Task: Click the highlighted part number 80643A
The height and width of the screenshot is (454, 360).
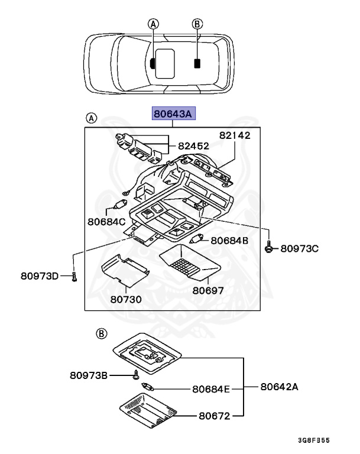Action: pos(173,113)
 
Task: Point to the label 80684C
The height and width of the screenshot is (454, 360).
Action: pos(106,222)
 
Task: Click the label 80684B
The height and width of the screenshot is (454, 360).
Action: pos(229,241)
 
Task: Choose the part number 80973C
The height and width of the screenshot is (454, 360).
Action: pos(299,249)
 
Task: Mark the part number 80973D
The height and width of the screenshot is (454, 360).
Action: pos(40,275)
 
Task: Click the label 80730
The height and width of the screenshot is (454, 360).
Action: pos(126,299)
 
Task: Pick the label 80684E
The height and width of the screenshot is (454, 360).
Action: pos(210,389)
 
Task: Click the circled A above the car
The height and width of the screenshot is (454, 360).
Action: pos(153,24)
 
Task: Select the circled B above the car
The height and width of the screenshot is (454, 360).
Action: pos(197,24)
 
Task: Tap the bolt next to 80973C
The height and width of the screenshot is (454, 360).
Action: pos(268,248)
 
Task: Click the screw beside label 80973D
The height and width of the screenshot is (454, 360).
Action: pos(74,275)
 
